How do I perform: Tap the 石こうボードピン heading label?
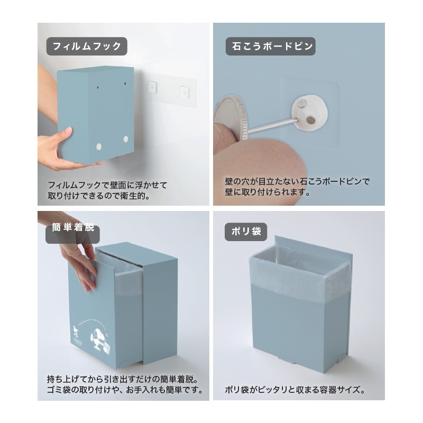270,46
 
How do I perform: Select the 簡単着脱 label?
72,229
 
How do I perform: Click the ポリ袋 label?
246,231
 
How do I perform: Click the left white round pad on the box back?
99,146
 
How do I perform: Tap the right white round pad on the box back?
125,139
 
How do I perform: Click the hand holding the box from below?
58,151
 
